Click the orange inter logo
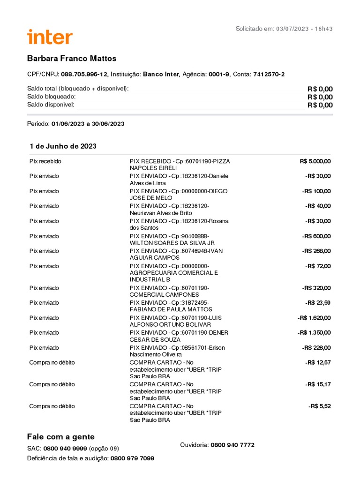click(x=50, y=37)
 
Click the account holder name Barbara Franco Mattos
click(x=71, y=59)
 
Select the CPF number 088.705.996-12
click(x=84, y=75)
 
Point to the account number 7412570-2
click(x=269, y=75)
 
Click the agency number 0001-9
click(x=219, y=75)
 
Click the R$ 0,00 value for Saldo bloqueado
click(x=320, y=97)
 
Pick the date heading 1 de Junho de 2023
click(x=63, y=146)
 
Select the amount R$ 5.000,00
click(x=315, y=161)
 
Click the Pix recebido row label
click(x=45, y=161)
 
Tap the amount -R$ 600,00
click(x=316, y=236)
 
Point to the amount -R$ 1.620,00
click(x=314, y=318)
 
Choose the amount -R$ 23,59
click(x=318, y=303)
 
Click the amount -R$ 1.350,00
click(x=314, y=333)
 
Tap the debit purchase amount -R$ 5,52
click(x=320, y=406)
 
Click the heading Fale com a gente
click(x=61, y=437)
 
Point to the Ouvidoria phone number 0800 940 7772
click(x=232, y=445)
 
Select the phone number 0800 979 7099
click(x=132, y=458)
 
